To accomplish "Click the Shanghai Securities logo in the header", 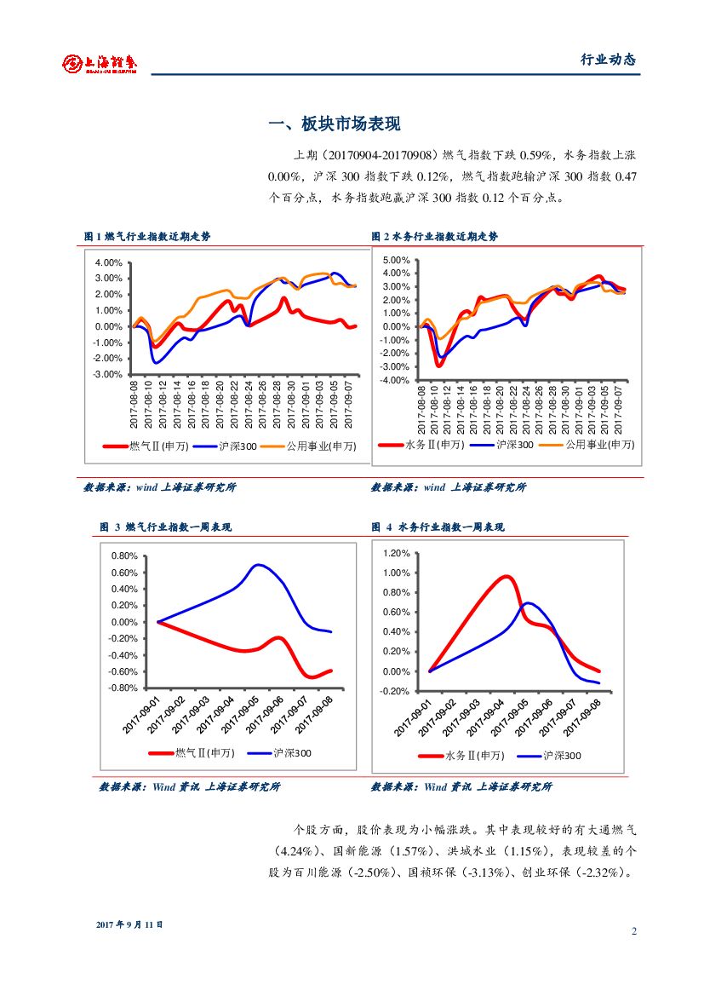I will click(x=100, y=63).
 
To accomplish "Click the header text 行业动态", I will click(x=608, y=60).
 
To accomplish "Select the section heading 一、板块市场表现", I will click(x=334, y=124).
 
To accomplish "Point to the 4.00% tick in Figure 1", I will click(x=109, y=262).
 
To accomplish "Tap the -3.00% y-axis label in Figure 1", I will click(x=108, y=375).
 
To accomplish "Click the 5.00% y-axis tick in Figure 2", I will click(x=396, y=260).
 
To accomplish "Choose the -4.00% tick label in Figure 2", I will click(x=395, y=380).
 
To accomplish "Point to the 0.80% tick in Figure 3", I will click(x=124, y=556).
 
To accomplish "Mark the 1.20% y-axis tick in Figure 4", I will click(x=397, y=554).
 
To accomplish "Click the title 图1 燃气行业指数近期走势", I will click(x=147, y=237).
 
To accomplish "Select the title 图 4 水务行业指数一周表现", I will click(x=438, y=527).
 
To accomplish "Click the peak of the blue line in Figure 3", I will click(x=259, y=565).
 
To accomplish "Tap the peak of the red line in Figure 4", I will click(x=507, y=577).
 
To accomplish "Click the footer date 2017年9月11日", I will click(x=129, y=924).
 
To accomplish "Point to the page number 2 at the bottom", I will click(x=634, y=931).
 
